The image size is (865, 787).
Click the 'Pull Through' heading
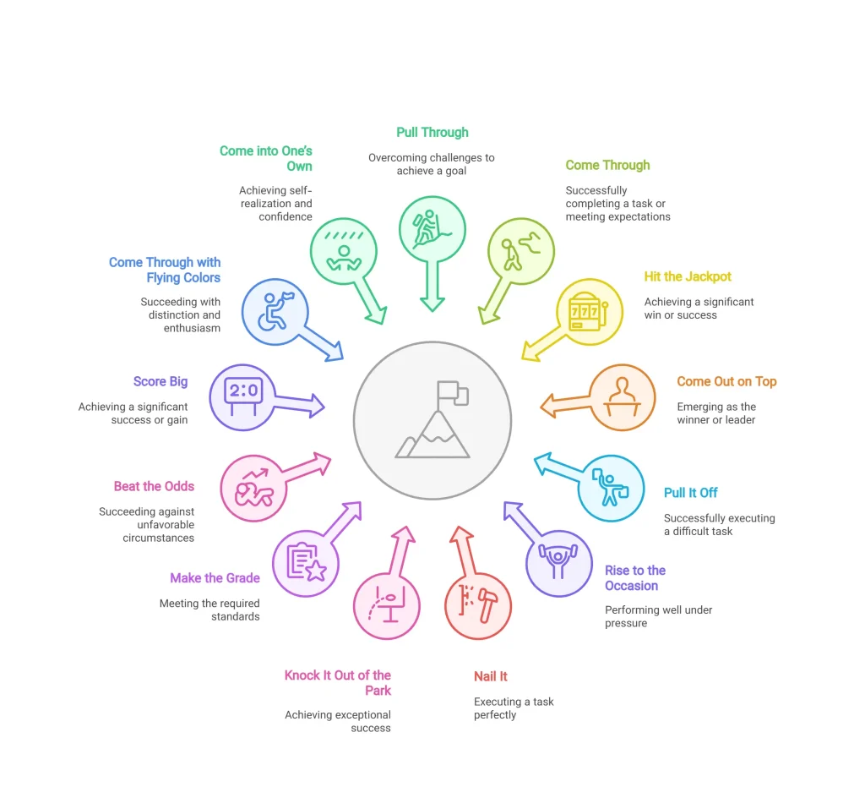[x=432, y=133]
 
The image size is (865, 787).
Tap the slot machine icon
[x=588, y=312]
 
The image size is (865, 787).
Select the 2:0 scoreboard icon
[x=243, y=396]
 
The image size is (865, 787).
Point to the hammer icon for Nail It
[x=487, y=605]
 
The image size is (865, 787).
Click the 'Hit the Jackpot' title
[x=688, y=276]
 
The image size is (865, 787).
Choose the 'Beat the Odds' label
[x=154, y=486]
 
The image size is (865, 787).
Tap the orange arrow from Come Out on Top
[x=565, y=405]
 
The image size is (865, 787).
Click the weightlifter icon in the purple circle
[x=558, y=560]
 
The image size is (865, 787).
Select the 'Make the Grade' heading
[x=215, y=578]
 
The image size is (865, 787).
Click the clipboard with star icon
[x=307, y=562]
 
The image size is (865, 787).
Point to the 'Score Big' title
[x=160, y=381]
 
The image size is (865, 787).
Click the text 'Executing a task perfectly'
[x=514, y=708]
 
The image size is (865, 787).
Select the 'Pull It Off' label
[x=691, y=493]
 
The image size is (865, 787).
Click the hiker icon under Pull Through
[x=431, y=228]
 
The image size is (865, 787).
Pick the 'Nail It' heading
[x=491, y=676]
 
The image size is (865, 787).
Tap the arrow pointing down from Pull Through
[x=432, y=287]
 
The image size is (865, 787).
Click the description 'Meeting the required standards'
[x=209, y=609]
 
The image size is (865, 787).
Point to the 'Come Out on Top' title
[x=726, y=381]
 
